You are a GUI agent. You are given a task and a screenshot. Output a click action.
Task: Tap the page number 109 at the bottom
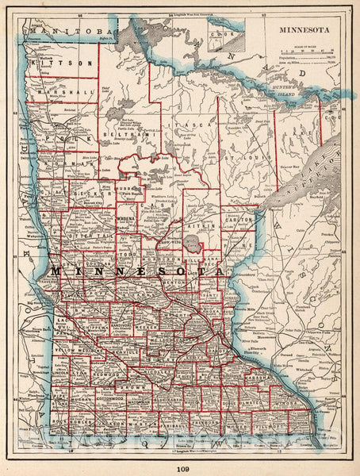coord(180,466)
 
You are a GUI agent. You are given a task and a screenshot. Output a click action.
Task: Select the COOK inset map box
coord(223,33)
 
